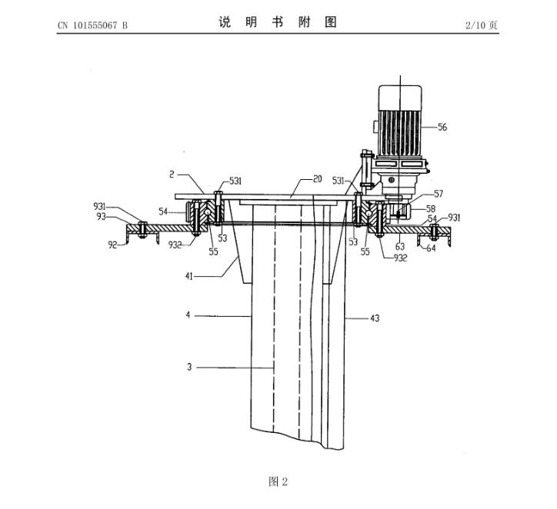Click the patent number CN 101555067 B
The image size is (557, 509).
(93, 25)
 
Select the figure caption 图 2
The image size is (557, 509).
(278, 481)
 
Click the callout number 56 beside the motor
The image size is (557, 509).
(442, 127)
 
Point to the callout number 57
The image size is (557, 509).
(439, 194)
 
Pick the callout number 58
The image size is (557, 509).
(431, 208)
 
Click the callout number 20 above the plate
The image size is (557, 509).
(317, 179)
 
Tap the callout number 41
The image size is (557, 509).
(189, 276)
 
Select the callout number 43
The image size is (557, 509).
(375, 318)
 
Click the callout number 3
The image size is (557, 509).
(189, 367)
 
